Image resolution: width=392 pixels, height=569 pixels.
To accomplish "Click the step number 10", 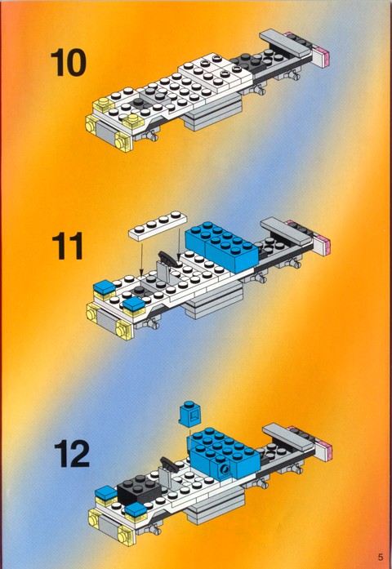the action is tap(69, 63).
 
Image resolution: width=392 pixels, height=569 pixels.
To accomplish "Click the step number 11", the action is tap(68, 246).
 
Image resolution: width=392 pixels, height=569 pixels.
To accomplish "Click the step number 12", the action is tap(72, 454).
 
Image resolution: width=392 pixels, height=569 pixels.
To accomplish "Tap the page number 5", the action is tap(381, 557).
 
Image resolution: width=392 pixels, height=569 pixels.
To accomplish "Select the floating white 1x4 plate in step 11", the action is tap(158, 225).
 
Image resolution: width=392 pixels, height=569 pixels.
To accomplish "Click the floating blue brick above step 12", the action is tap(190, 415).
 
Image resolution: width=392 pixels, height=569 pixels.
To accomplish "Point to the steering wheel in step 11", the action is tap(170, 258).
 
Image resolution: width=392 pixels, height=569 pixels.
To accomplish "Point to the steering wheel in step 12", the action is tap(169, 464).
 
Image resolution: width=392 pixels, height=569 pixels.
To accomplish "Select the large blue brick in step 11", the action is tap(221, 246).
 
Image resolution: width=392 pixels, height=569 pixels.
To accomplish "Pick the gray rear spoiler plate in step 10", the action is tap(285, 42).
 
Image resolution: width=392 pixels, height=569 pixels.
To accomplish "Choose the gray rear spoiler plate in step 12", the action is tap(288, 437).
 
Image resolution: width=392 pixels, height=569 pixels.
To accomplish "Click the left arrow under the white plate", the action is tap(142, 259).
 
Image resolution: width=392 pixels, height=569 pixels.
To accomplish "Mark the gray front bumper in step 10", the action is tap(105, 132).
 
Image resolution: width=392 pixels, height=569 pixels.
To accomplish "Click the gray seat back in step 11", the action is tap(163, 272).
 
